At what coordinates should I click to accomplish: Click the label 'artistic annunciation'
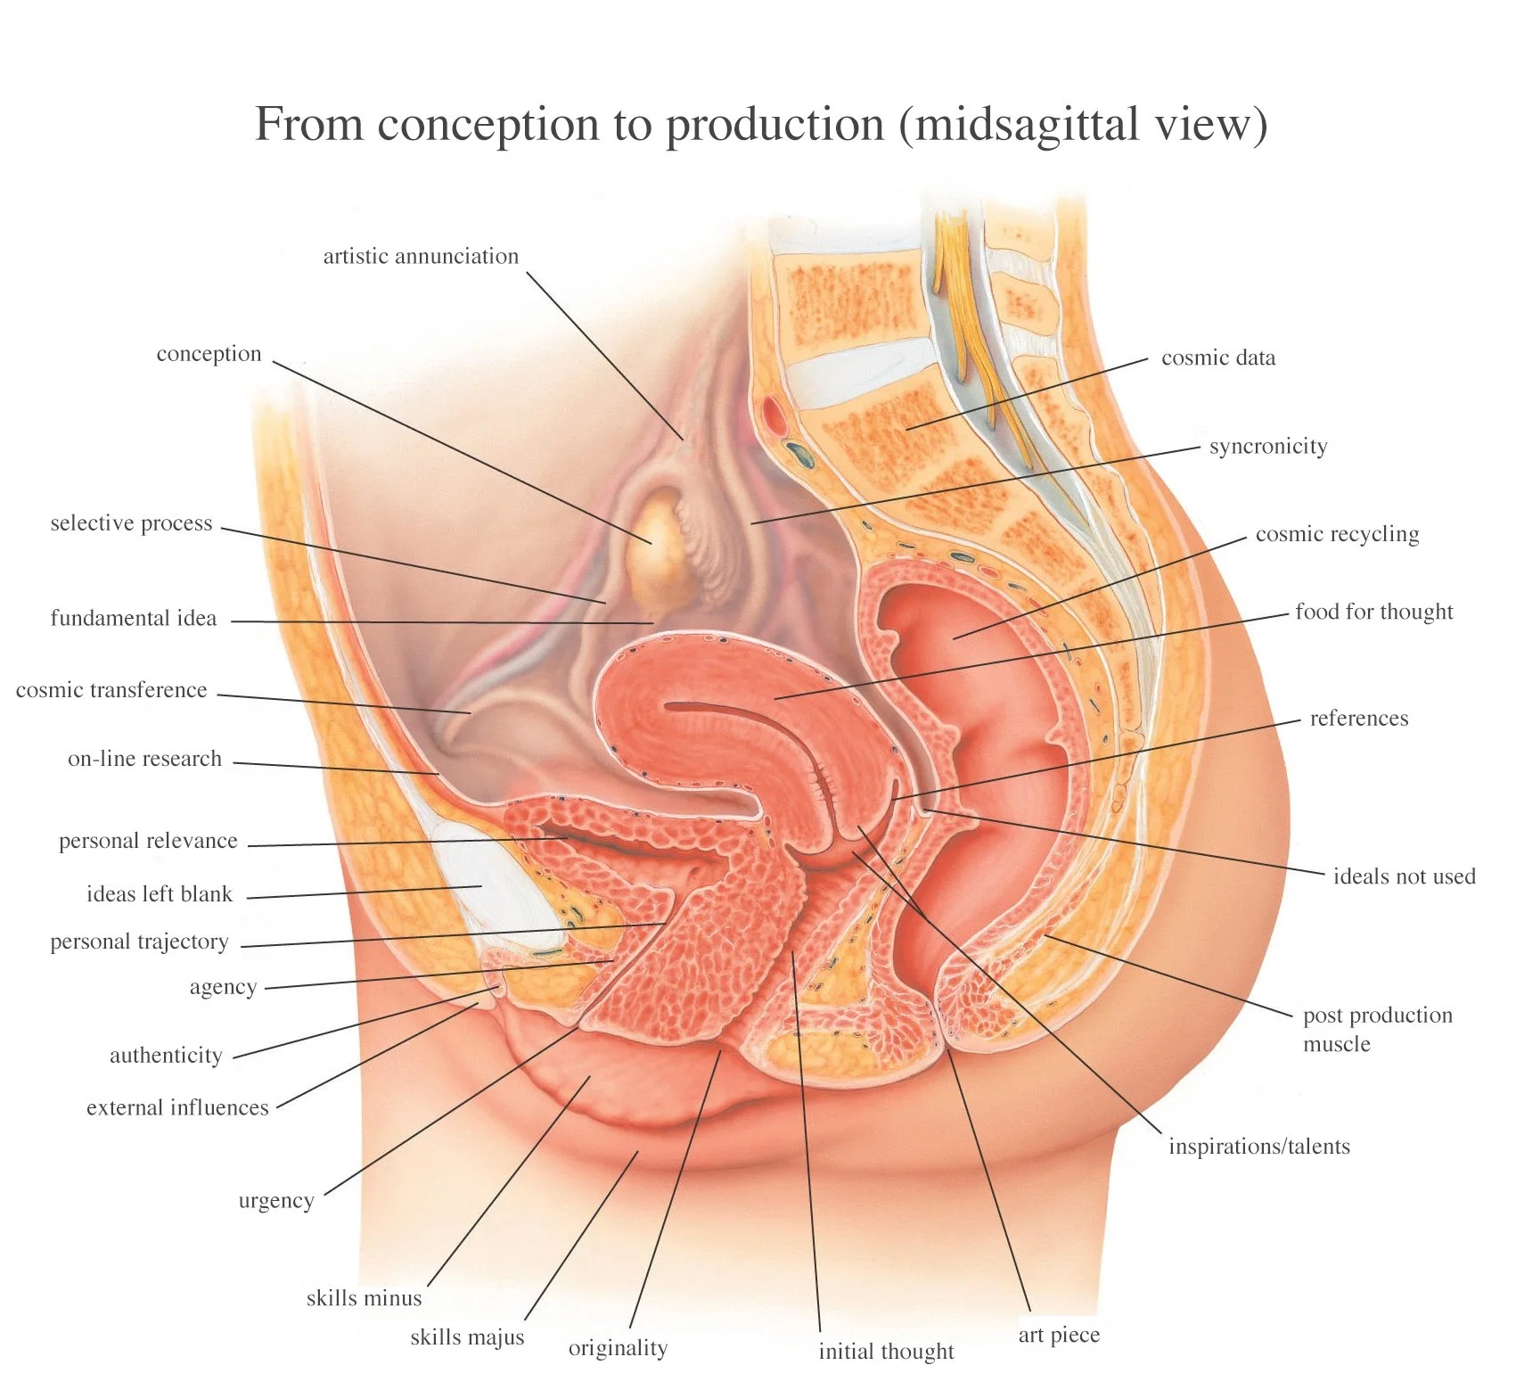pyautogui.click(x=421, y=257)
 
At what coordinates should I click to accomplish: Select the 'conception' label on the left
pyautogui.click(x=209, y=354)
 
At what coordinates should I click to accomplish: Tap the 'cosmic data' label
pyautogui.click(x=1217, y=358)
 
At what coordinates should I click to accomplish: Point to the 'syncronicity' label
pyautogui.click(x=1267, y=446)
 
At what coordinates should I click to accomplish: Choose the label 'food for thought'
pyautogui.click(x=1373, y=612)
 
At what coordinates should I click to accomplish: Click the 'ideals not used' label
pyautogui.click(x=1404, y=876)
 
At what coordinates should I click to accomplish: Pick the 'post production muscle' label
pyautogui.click(x=1377, y=1029)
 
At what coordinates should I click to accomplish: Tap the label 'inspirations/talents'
pyautogui.click(x=1258, y=1147)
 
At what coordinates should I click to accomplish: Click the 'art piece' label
pyautogui.click(x=1059, y=1335)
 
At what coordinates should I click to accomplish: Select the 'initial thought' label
pyautogui.click(x=886, y=1352)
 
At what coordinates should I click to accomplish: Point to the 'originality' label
pyautogui.click(x=618, y=1348)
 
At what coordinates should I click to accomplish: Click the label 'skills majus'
pyautogui.click(x=467, y=1337)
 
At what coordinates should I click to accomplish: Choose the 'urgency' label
pyautogui.click(x=276, y=1201)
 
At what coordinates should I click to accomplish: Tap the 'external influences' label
pyautogui.click(x=177, y=1107)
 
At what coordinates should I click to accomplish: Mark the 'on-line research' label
pyautogui.click(x=144, y=759)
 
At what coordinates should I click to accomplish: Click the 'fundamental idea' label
pyautogui.click(x=134, y=618)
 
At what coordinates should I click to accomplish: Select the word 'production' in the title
pyautogui.click(x=775, y=124)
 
